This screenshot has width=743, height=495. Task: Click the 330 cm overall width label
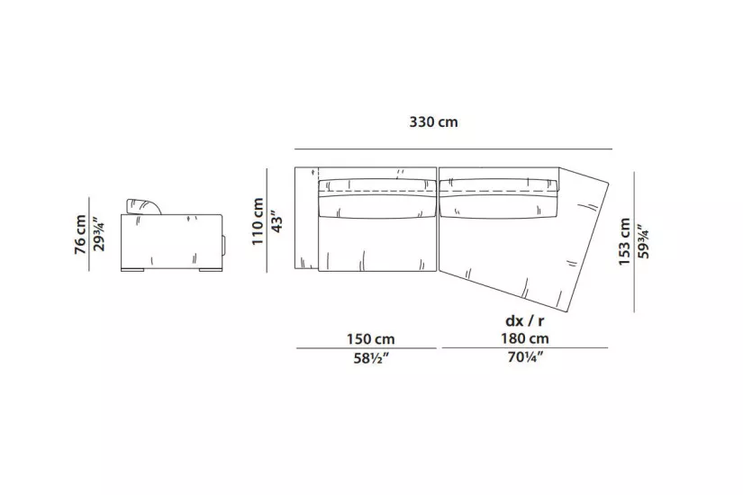(x=433, y=122)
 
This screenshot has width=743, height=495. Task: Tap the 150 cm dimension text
(x=370, y=339)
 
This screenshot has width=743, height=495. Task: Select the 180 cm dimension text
(x=525, y=338)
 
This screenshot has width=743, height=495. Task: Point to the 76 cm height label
(x=80, y=235)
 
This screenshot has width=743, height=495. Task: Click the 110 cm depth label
(x=258, y=221)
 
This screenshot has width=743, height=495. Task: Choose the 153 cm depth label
(x=624, y=241)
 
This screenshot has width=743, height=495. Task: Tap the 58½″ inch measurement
(x=371, y=358)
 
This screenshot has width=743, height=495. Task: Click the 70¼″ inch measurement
(x=525, y=357)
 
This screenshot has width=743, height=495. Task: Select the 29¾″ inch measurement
(x=98, y=235)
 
